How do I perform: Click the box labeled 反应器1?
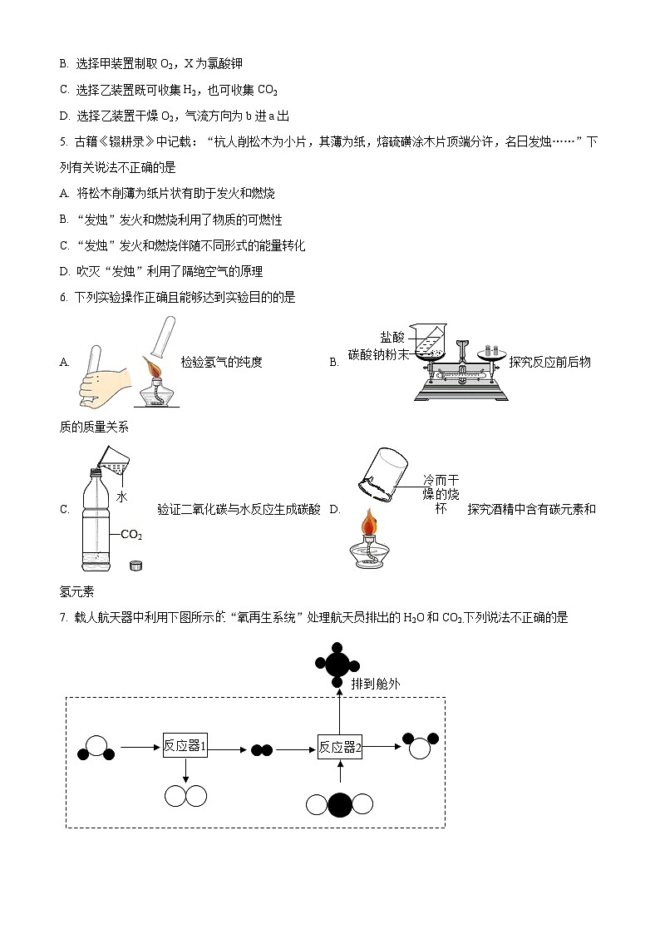tap(185, 746)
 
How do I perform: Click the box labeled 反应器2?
tap(340, 747)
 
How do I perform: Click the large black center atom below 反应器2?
tap(340, 805)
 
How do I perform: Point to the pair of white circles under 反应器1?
tap(185, 796)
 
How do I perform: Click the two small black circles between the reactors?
tap(262, 749)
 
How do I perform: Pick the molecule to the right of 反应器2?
tap(420, 745)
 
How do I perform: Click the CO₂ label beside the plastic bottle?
tap(131, 535)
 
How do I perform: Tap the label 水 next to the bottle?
tap(121, 497)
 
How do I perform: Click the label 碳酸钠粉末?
tap(379, 353)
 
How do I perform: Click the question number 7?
tap(63, 618)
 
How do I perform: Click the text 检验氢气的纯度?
tap(221, 362)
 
